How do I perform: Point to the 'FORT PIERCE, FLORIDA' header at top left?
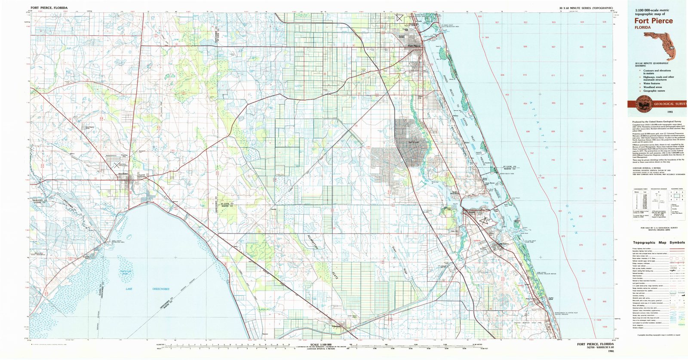(49, 8)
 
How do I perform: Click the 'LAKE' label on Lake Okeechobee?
(129, 289)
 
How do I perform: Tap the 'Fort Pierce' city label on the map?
(415, 46)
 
